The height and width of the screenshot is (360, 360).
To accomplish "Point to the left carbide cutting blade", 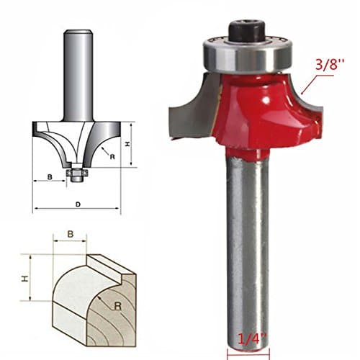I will pos(184,105).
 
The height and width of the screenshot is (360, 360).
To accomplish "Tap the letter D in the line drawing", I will pos(78,204).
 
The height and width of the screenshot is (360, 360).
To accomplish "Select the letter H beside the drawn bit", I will pos(127,145).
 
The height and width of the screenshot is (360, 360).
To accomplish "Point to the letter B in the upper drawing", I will pos(49,175).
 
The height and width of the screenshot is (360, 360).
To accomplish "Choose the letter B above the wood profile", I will pos(71,234).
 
